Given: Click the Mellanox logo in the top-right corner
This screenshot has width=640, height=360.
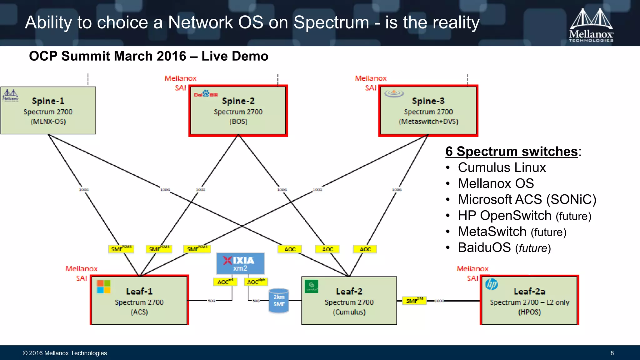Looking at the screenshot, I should click(x=591, y=25).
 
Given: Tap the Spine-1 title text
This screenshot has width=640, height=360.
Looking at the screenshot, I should click(x=48, y=101).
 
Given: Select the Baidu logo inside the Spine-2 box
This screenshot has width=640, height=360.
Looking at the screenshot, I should click(x=206, y=94).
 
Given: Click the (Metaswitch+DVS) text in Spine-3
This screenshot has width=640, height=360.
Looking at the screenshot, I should click(x=428, y=122).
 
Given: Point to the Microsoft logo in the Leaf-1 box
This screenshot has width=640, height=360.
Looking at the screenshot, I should click(x=104, y=287).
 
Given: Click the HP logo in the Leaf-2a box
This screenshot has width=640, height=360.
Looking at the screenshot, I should click(x=492, y=284).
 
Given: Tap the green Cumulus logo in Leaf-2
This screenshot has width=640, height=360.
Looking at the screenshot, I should click(x=311, y=286).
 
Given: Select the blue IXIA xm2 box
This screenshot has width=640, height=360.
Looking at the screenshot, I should click(x=240, y=263).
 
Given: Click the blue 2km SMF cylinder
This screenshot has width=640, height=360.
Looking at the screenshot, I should click(x=279, y=300).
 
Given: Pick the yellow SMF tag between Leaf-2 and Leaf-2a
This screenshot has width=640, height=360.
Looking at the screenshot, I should click(x=414, y=301).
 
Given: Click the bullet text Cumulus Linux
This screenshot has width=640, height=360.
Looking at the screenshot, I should click(x=502, y=167).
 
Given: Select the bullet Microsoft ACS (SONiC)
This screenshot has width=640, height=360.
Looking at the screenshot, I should click(x=527, y=199).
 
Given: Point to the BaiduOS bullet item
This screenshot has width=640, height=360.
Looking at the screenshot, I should click(x=504, y=247).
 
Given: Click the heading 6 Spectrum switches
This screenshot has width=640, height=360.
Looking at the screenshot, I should click(x=512, y=152).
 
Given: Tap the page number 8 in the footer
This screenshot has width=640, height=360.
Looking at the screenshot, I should click(x=612, y=353).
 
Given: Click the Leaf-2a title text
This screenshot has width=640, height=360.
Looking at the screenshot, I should click(x=529, y=291).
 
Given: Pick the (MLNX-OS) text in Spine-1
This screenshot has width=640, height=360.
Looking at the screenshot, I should click(x=48, y=122).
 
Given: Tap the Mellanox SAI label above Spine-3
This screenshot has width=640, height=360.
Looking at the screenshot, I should click(x=371, y=83).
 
